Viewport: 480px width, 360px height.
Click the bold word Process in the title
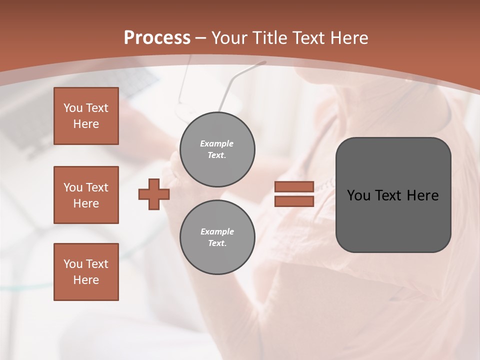tap(157, 38)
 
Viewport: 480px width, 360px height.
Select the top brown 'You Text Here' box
tap(86, 116)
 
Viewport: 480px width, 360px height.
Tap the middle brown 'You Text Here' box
tap(86, 195)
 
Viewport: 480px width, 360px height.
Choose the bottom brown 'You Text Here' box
tap(86, 272)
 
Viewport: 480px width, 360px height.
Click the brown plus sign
tap(153, 194)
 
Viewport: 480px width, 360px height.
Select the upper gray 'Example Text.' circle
tap(217, 149)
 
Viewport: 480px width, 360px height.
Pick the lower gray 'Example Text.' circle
tap(217, 237)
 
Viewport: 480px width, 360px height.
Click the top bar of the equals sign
tap(294, 187)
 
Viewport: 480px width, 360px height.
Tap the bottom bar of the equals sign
tap(294, 201)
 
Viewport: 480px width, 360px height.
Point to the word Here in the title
tap(349, 38)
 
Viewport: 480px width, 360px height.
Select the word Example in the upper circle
tap(217, 143)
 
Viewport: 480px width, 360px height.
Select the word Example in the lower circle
tap(217, 231)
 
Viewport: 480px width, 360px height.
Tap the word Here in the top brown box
tap(86, 124)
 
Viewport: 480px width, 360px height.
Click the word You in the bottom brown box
tap(73, 264)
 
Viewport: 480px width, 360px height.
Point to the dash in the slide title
tap(201, 38)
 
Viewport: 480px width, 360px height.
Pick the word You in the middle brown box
tap(73, 187)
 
